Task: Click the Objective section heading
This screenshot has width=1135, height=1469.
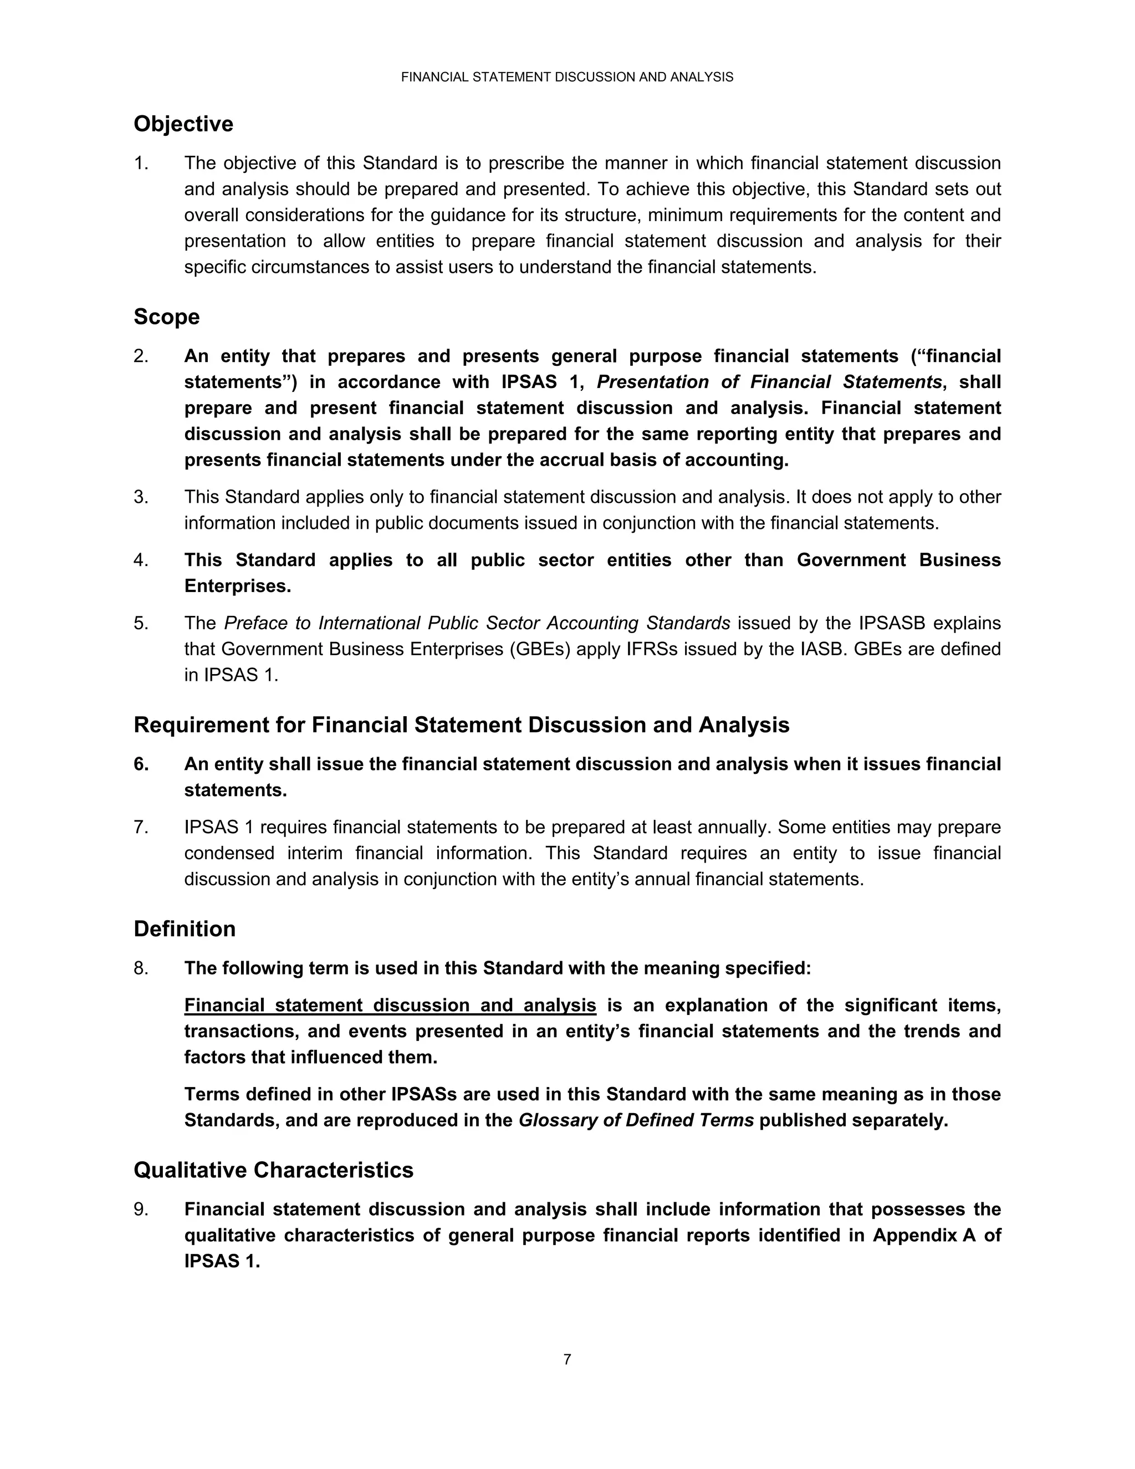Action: click(x=183, y=124)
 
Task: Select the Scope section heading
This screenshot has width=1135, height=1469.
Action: click(x=167, y=317)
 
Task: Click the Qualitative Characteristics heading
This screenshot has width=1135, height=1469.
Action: click(x=273, y=1170)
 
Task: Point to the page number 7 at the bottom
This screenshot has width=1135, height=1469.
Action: click(x=567, y=1359)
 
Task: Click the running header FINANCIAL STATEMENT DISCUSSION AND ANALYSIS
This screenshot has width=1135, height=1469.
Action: click(x=567, y=78)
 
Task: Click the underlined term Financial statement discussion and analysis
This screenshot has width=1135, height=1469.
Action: click(x=390, y=1006)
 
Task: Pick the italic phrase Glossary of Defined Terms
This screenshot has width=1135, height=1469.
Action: click(x=636, y=1120)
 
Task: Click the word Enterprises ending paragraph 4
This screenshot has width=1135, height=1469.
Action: click(x=237, y=586)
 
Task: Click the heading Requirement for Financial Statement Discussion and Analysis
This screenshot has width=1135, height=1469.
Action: click(x=461, y=725)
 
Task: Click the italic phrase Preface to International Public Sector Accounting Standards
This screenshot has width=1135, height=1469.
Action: click(x=477, y=624)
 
